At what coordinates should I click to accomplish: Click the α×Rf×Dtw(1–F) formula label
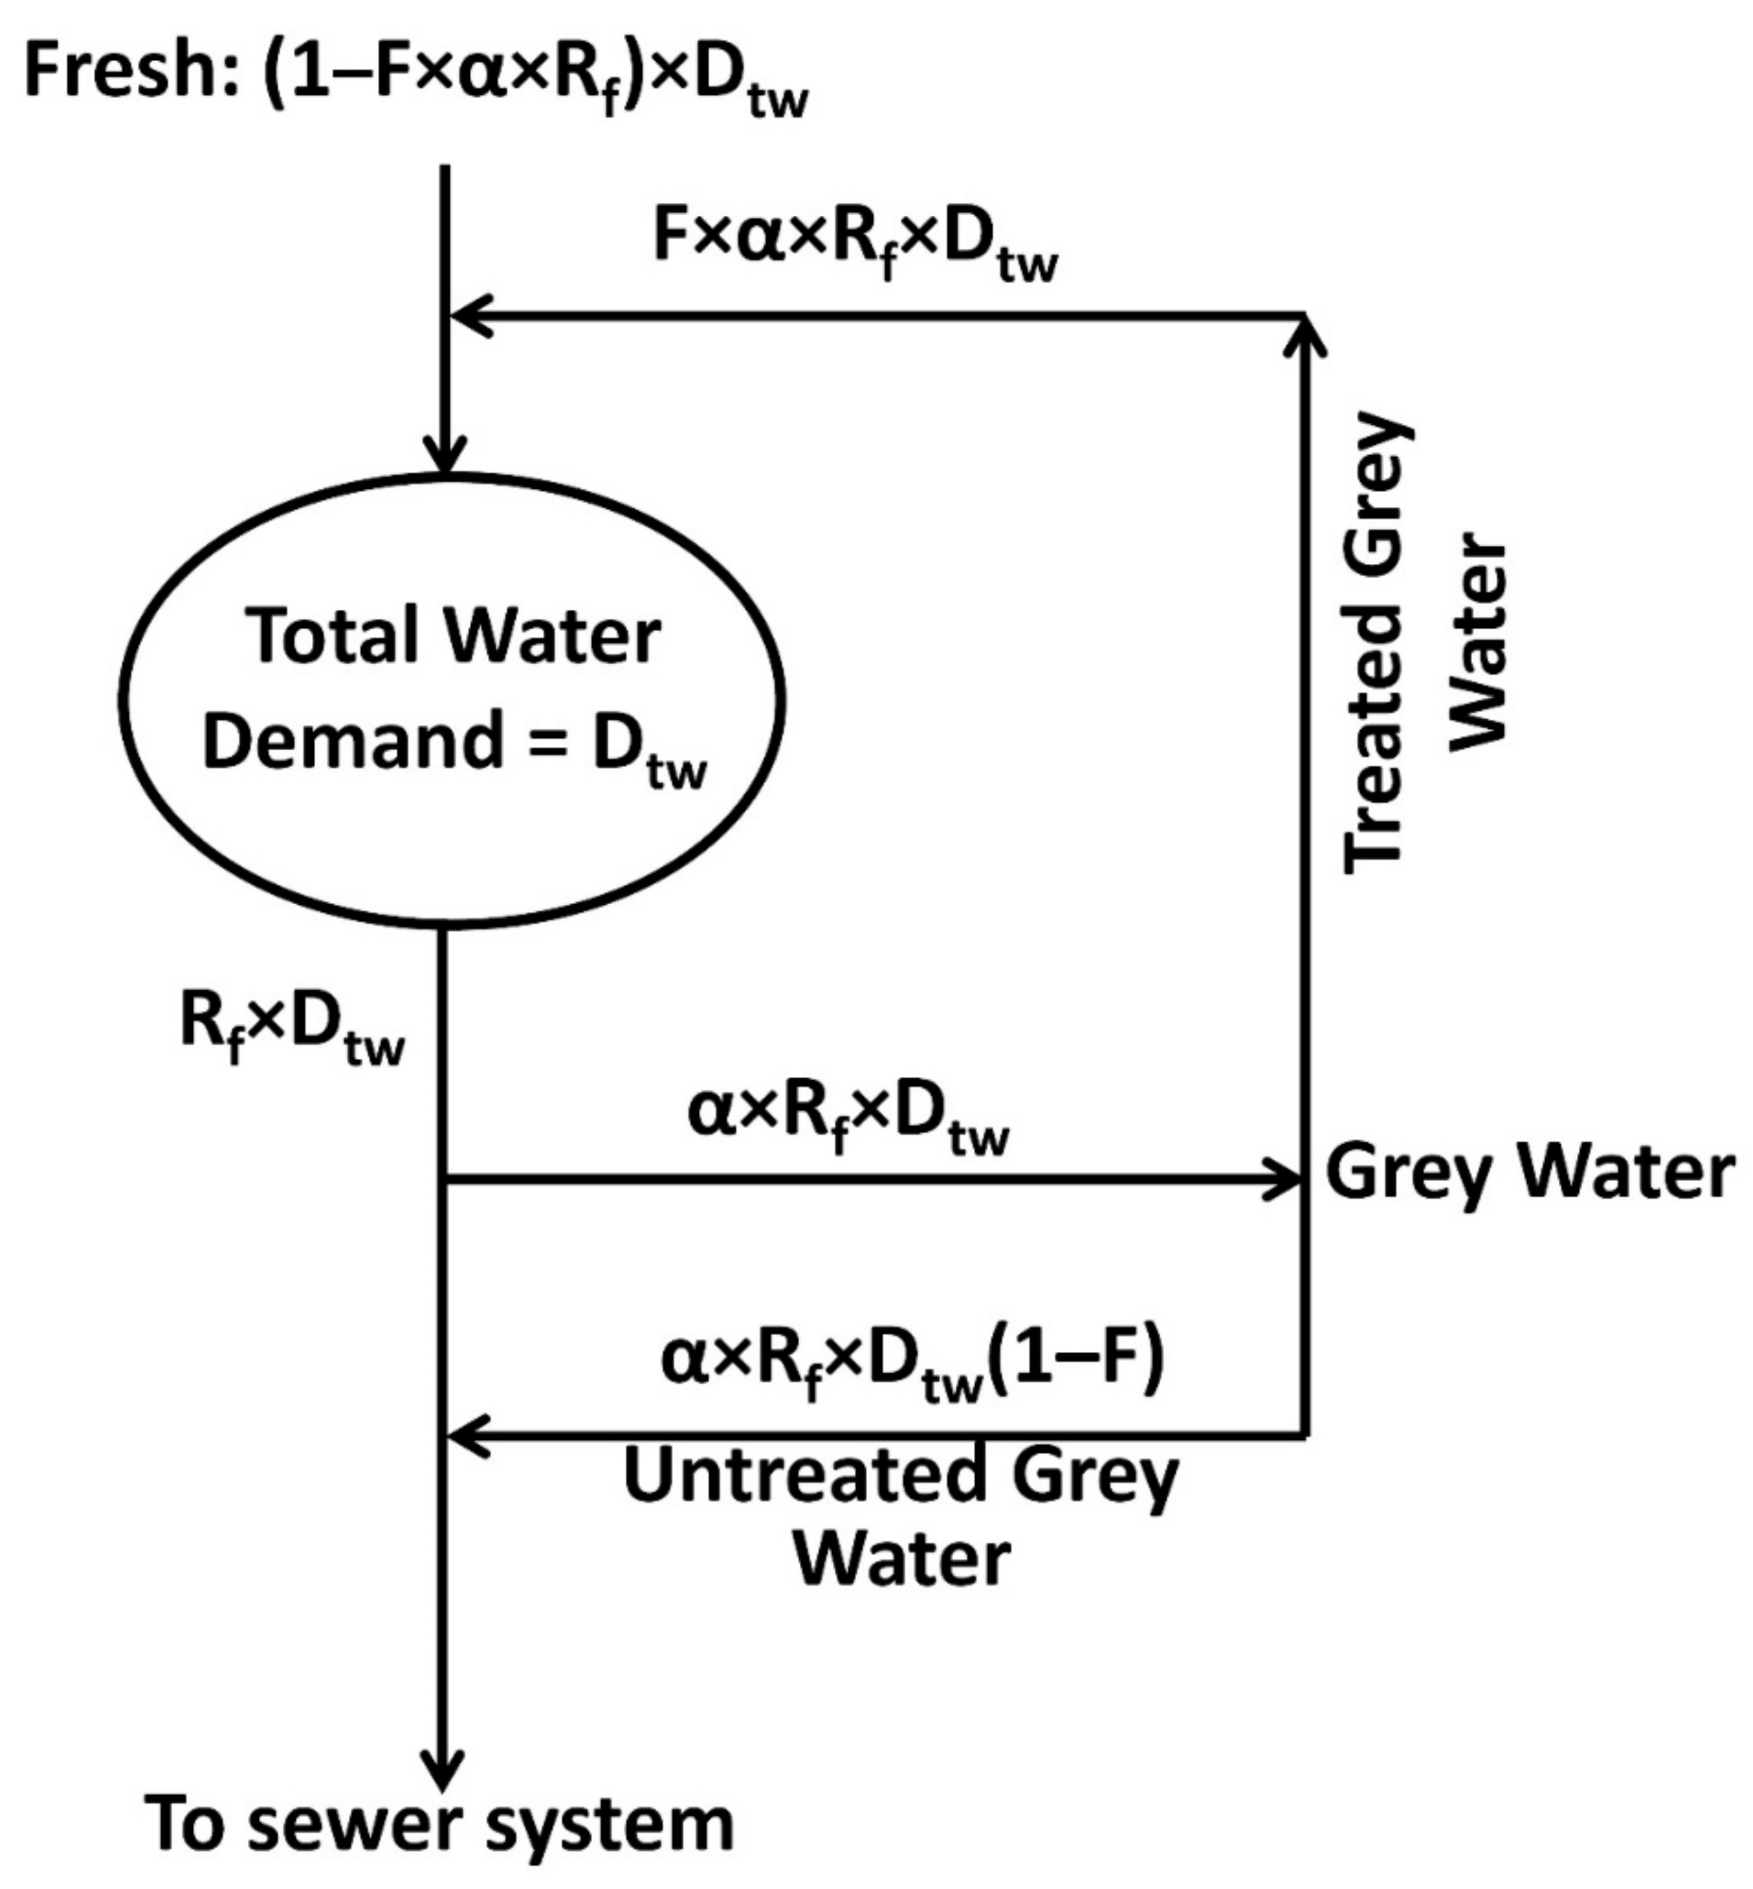911,1361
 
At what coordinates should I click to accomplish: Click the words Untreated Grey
899,1476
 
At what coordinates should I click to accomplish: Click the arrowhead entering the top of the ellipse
445,455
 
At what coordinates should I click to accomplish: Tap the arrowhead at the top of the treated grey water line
1305,332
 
